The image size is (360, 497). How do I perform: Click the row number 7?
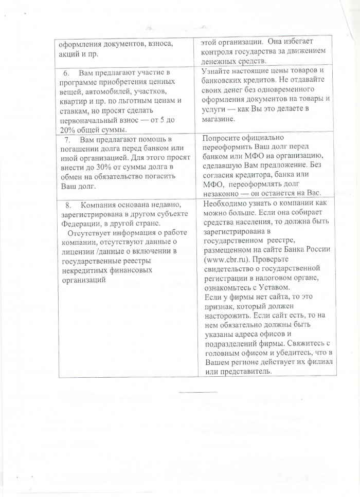click(x=67, y=140)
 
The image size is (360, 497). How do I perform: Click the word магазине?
click(x=219, y=119)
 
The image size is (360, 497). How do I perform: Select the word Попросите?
click(x=222, y=138)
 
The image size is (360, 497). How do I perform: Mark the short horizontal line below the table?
click(x=199, y=393)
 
